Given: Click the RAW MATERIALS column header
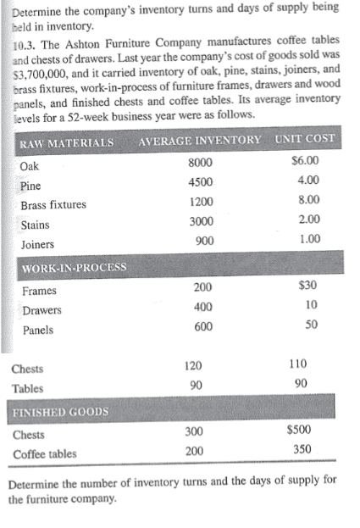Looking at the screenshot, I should [67, 139].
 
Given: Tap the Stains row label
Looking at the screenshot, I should [35, 225].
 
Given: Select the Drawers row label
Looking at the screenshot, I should [42, 310].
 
